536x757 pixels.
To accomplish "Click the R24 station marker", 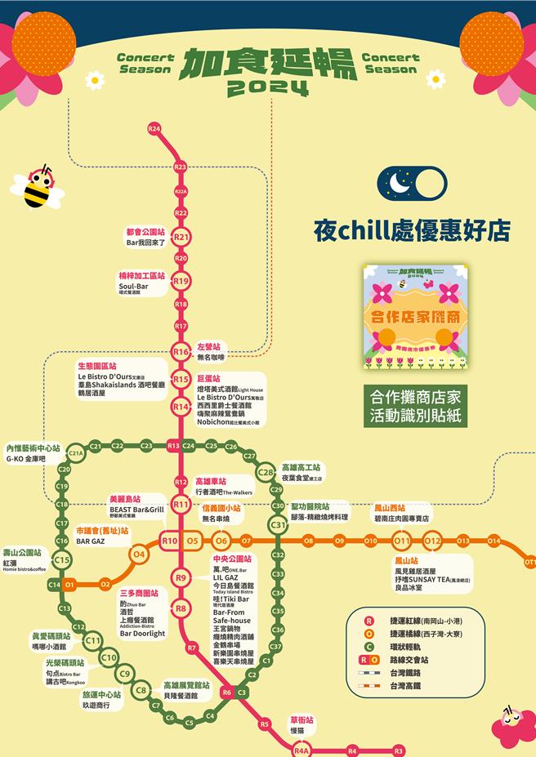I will click(154, 129).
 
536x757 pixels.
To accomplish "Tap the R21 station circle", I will click(181, 237).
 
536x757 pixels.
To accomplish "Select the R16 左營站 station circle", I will click(181, 351).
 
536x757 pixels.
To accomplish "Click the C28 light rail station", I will click(266, 472).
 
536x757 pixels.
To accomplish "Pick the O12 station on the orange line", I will click(432, 541).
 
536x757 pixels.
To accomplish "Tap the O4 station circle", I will click(139, 554).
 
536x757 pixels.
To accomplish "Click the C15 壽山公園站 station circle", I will click(62, 559).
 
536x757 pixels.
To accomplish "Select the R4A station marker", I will click(300, 750).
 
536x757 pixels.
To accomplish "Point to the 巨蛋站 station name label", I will click(209, 379).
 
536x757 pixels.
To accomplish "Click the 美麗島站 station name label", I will click(125, 498).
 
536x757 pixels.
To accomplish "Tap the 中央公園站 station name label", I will click(233, 559).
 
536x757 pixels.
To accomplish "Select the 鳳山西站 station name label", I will click(390, 507).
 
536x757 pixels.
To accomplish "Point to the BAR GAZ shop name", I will click(91, 541).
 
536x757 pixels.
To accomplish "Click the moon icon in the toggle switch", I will click(400, 184).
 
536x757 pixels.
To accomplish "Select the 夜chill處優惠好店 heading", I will click(412, 230).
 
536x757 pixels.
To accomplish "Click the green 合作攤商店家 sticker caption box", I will click(415, 407).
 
